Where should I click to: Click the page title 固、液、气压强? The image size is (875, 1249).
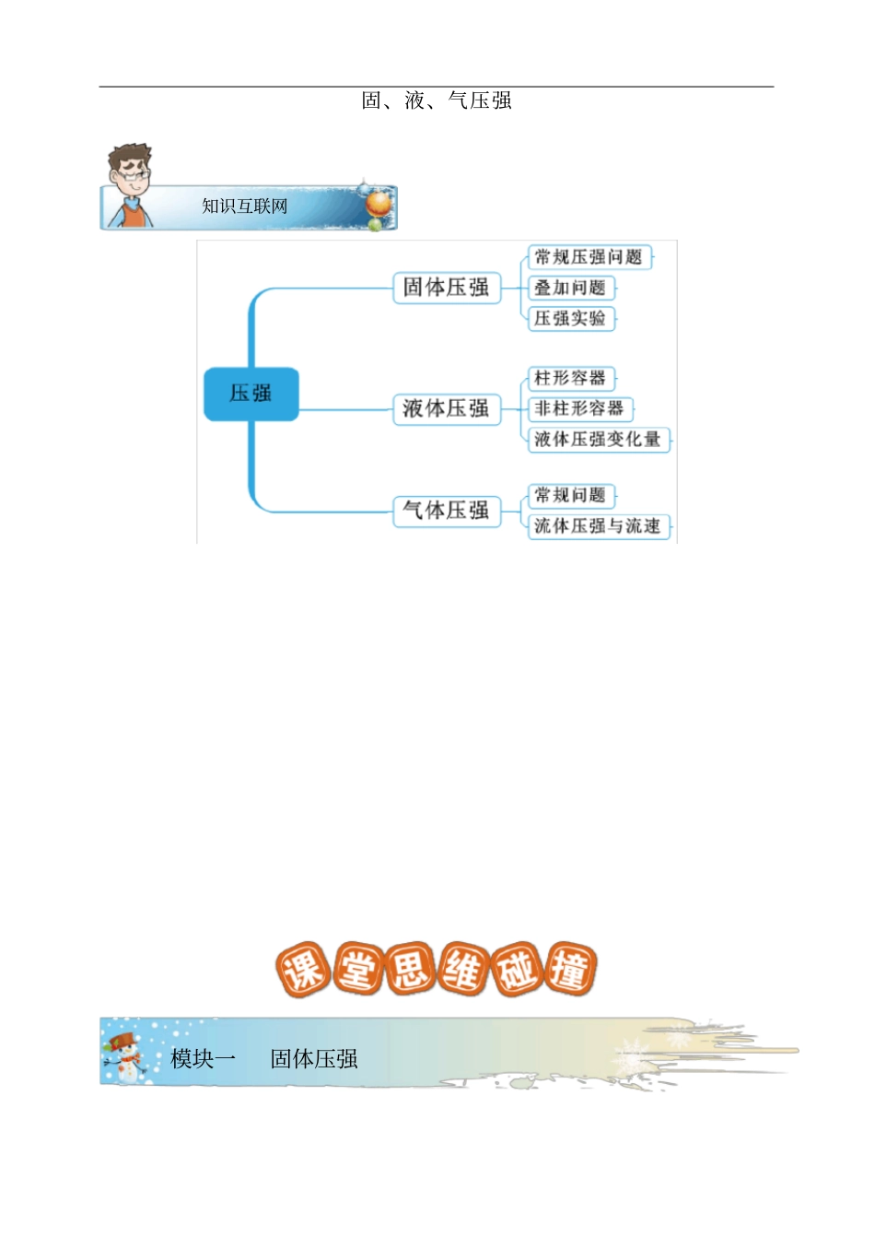(x=436, y=100)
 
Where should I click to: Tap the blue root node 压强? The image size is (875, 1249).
(x=251, y=394)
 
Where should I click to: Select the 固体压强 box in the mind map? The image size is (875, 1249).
(x=447, y=288)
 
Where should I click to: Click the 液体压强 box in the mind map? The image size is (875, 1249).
(x=447, y=408)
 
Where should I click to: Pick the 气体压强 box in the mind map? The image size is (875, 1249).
(x=447, y=511)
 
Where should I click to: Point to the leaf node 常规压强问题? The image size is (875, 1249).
(x=589, y=257)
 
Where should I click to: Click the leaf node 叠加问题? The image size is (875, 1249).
(x=570, y=288)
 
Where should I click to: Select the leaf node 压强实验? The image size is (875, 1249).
(x=570, y=319)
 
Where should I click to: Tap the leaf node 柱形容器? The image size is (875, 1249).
(x=570, y=378)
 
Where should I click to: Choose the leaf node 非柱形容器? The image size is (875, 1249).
(x=579, y=408)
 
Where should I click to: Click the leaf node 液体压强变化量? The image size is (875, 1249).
(x=598, y=440)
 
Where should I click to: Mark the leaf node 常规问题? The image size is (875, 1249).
(x=570, y=496)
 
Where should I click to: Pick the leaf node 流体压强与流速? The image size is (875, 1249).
(x=598, y=526)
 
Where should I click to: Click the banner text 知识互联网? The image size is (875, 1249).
(x=245, y=206)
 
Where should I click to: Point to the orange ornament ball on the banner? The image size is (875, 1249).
(x=379, y=203)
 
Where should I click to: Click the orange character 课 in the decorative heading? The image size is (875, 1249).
(x=302, y=971)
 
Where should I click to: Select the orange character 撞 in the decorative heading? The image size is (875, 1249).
(x=571, y=971)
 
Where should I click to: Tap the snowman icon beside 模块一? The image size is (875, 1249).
(x=126, y=1057)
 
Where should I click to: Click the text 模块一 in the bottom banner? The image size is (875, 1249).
(x=204, y=1059)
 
